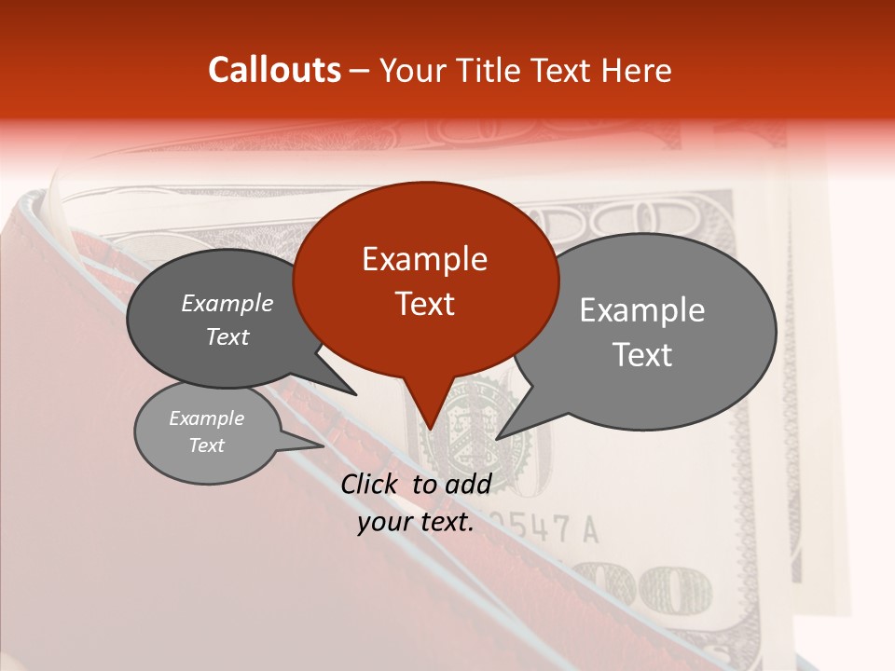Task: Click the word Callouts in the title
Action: click(x=275, y=70)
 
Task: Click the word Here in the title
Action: click(x=638, y=70)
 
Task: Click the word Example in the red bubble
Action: click(x=424, y=259)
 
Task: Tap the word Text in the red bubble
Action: click(x=425, y=304)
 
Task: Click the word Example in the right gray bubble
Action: click(x=642, y=310)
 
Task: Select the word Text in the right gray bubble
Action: click(x=642, y=355)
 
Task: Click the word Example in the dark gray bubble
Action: click(x=227, y=304)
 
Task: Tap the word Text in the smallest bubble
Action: click(x=206, y=445)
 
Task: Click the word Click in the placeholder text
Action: click(x=371, y=484)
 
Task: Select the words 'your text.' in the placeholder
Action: click(x=416, y=522)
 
